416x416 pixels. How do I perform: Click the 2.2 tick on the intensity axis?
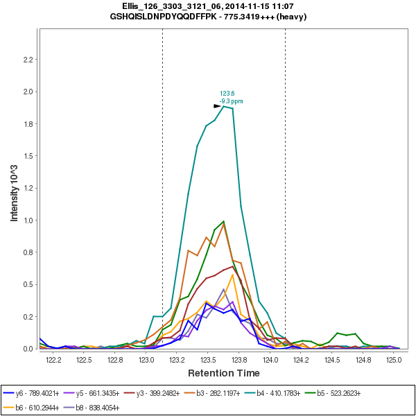[x=28, y=60]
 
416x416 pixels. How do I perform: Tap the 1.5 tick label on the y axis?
[x=28, y=156]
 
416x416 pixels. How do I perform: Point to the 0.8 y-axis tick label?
[x=28, y=252]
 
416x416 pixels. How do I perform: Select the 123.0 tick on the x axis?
[x=146, y=360]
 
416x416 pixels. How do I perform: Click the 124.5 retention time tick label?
[x=331, y=360]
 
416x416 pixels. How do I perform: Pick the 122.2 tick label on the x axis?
[x=53, y=360]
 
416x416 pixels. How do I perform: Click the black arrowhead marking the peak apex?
[x=218, y=106]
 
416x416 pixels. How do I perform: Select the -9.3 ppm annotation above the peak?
[x=231, y=101]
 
